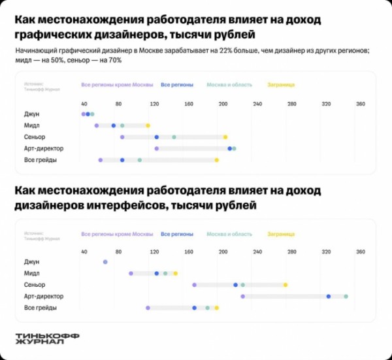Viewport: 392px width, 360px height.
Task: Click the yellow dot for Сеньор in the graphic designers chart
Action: coord(225,137)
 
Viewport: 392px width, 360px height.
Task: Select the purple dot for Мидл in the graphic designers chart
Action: coord(97,125)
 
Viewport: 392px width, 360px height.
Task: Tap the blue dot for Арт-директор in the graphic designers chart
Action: coord(230,148)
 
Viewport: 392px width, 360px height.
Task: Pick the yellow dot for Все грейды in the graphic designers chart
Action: coord(217,159)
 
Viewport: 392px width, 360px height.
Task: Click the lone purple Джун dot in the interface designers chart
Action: coord(105,262)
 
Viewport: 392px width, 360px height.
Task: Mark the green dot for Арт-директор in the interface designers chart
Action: coord(346,297)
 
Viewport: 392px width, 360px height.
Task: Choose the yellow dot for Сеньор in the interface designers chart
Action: coord(286,285)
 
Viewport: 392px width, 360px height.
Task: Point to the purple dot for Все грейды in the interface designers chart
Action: coord(148,308)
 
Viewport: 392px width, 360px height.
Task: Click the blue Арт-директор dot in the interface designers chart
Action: coord(329,297)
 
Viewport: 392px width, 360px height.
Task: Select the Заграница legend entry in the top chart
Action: coord(281,85)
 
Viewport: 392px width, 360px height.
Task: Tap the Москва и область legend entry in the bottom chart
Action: coord(229,234)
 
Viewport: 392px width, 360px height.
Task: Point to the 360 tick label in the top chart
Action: coord(360,105)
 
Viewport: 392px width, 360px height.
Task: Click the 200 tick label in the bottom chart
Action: coord(223,252)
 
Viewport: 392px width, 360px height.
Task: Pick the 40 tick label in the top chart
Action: coord(84,105)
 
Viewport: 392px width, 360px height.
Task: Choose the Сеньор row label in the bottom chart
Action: coord(35,285)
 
